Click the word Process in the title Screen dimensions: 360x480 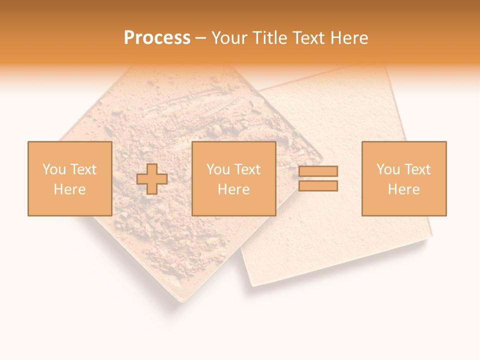coord(157,38)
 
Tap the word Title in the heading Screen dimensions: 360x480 coord(269,38)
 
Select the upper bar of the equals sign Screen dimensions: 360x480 coord(318,171)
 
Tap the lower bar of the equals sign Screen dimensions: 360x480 coord(318,186)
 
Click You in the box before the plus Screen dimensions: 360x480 coord(52,169)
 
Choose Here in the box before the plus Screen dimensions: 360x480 coord(69,189)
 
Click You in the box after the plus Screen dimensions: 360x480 coord(218,169)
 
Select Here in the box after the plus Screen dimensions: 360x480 coord(234,189)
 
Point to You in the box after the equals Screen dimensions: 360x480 coord(388,169)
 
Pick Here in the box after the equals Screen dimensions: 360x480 coord(404,189)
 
